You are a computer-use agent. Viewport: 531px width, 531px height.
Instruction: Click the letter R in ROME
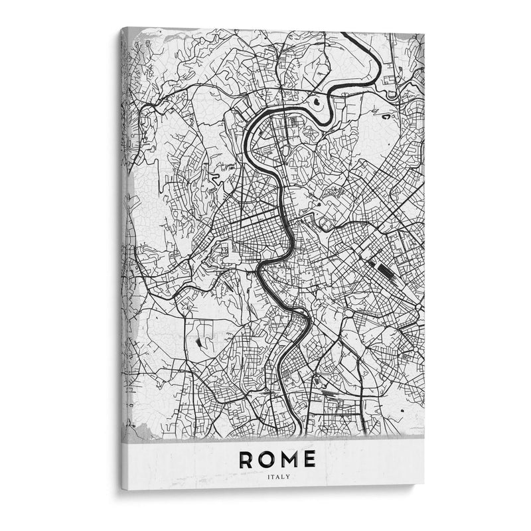pyautogui.click(x=247, y=459)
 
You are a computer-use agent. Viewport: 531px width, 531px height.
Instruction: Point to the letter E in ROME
pyautogui.click(x=308, y=459)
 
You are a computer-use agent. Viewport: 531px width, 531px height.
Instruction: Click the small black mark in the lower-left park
pyautogui.click(x=199, y=342)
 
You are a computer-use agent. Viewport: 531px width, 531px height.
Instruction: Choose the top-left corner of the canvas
pyautogui.click(x=121, y=29)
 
